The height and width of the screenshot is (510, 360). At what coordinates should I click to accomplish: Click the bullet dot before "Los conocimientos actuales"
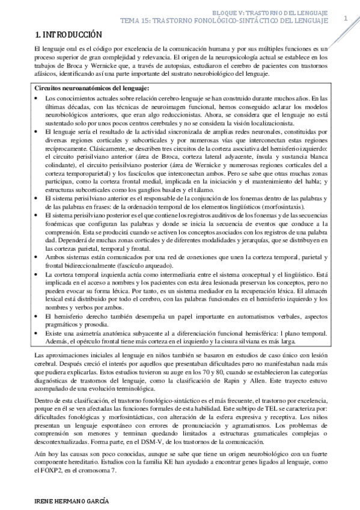38,97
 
